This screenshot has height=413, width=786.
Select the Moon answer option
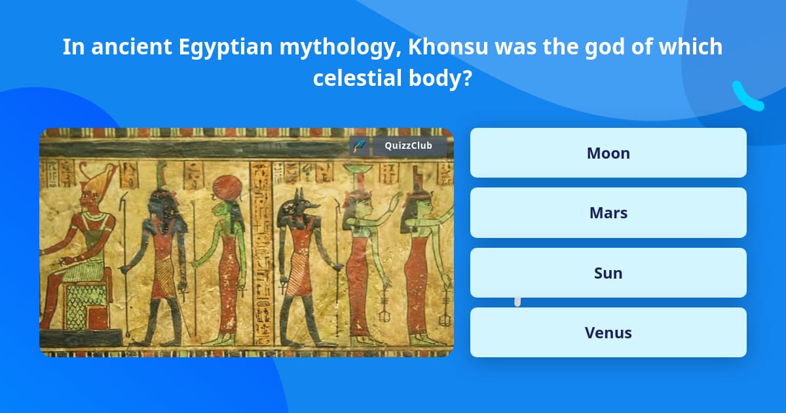(608, 153)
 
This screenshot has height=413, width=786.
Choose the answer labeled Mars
(608, 212)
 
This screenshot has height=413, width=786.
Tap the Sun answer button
(608, 273)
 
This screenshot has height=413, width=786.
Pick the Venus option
(608, 332)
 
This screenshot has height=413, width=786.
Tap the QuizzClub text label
(408, 146)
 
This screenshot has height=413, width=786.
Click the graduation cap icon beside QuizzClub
(358, 146)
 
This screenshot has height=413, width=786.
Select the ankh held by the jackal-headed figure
(282, 287)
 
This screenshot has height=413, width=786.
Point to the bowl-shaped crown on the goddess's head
(354, 172)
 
